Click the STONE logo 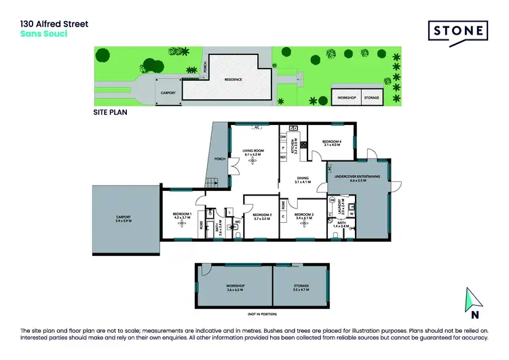pyautogui.click(x=457, y=31)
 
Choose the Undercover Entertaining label pyautogui.click(x=356, y=178)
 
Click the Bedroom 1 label pyautogui.click(x=182, y=216)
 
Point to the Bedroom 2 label pyautogui.click(x=262, y=217)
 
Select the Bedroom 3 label pyautogui.click(x=303, y=217)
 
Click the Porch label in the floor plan pyautogui.click(x=219, y=160)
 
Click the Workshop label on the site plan pyautogui.click(x=346, y=98)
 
